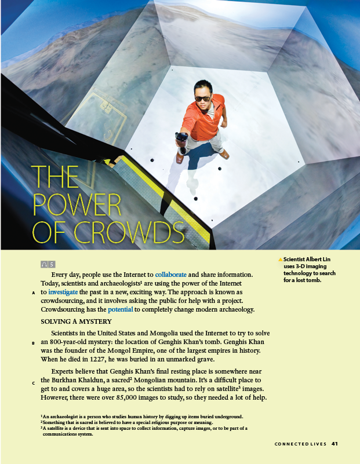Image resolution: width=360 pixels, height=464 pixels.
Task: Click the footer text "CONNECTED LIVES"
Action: click(300, 444)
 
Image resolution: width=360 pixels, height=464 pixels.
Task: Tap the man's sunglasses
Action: click(202, 98)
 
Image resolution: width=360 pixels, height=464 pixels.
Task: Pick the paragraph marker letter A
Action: click(34, 293)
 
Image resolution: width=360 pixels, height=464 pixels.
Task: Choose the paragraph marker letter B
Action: click(34, 344)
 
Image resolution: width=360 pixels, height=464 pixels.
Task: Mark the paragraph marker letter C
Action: click(34, 383)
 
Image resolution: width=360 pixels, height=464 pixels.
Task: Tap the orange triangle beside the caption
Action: click(281, 259)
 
